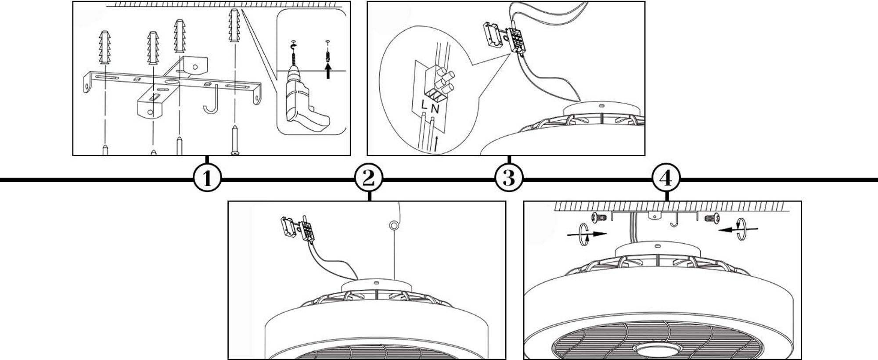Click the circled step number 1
[207, 179]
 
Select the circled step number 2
[369, 179]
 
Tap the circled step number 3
[509, 179]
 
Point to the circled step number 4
[666, 179]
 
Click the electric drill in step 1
[305, 99]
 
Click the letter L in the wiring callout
[424, 105]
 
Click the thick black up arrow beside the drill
[328, 69]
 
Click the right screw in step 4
[711, 217]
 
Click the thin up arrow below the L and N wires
[436, 144]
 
